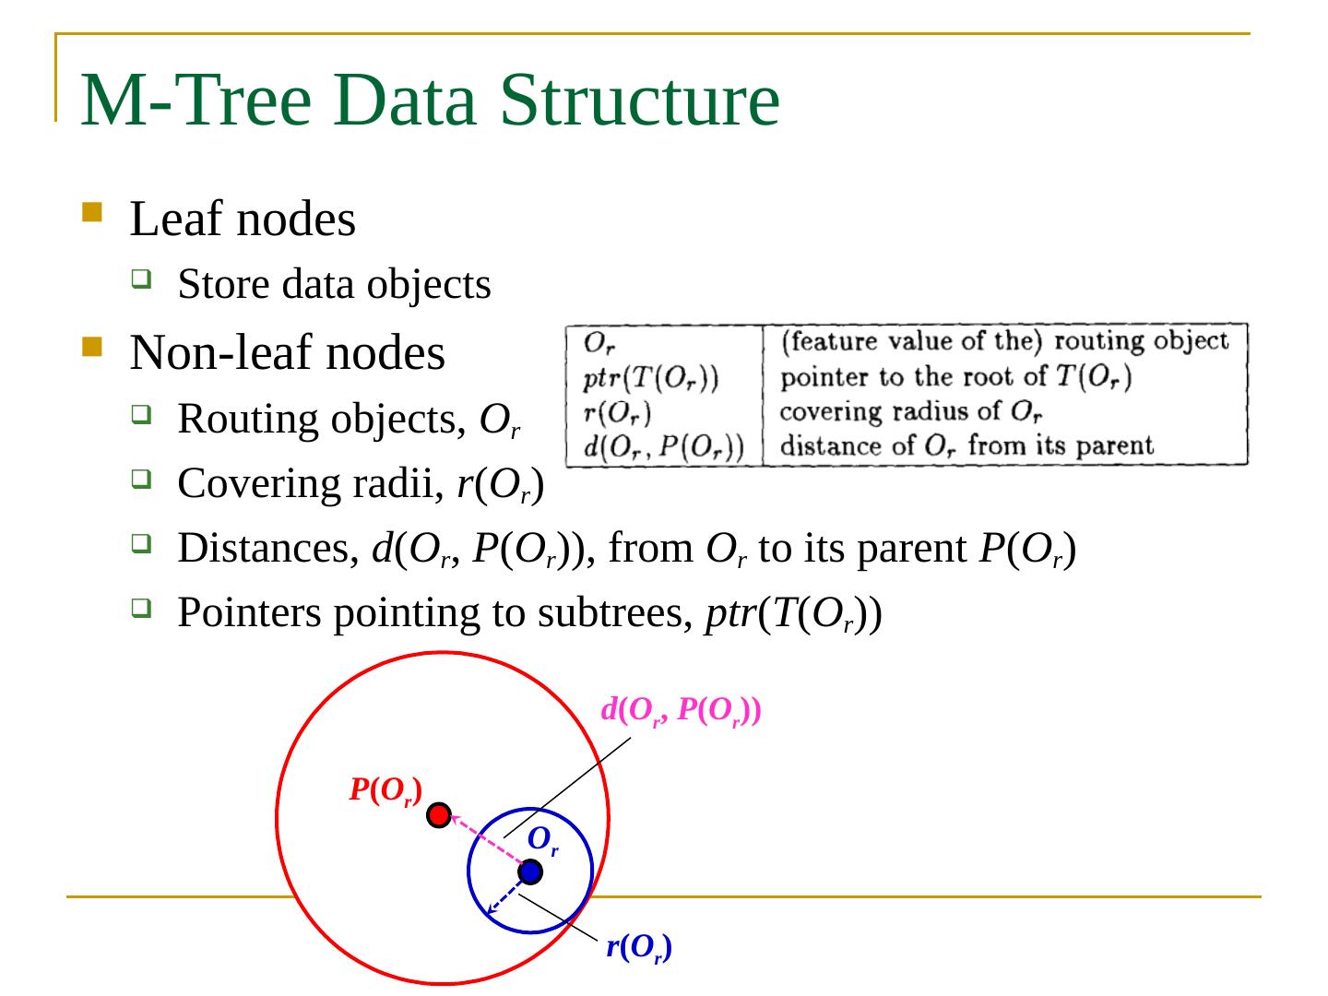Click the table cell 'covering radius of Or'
pyautogui.click(x=911, y=411)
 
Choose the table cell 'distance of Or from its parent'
pyautogui.click(x=966, y=446)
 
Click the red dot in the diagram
pyautogui.click(x=440, y=815)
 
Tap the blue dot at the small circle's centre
pyautogui.click(x=529, y=871)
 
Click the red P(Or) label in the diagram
pyautogui.click(x=385, y=790)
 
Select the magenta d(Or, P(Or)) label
pyautogui.click(x=681, y=711)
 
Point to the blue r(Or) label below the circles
pyautogui.click(x=638, y=947)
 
